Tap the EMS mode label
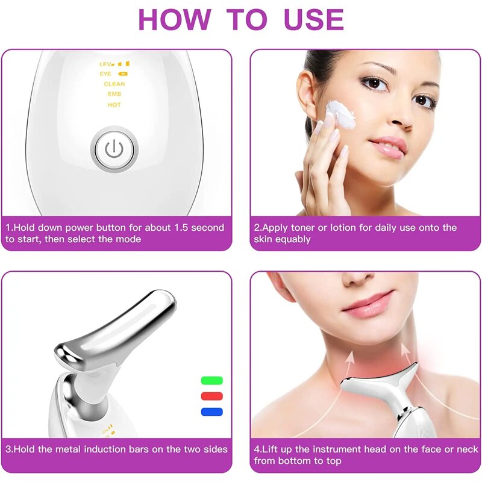[114, 94]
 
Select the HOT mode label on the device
[114, 105]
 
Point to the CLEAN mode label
[114, 84]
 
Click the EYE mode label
[105, 74]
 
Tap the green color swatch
[211, 380]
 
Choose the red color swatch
[211, 396]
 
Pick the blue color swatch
[211, 412]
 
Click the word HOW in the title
[175, 19]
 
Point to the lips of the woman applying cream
[387, 146]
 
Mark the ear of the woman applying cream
[307, 102]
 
